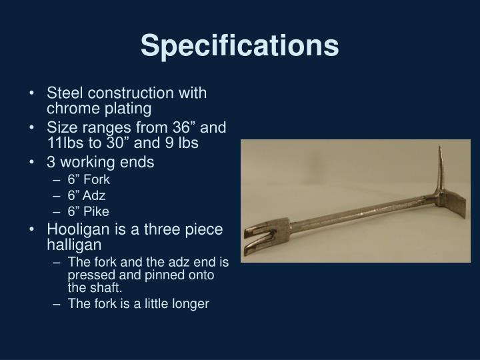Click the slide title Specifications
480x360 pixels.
click(239, 45)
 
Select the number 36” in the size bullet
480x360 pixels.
click(189, 127)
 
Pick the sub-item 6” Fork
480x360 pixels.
click(88, 179)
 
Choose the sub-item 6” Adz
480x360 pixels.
click(87, 195)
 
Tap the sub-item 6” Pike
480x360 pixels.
click(87, 212)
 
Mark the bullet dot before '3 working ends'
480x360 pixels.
click(34, 162)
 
